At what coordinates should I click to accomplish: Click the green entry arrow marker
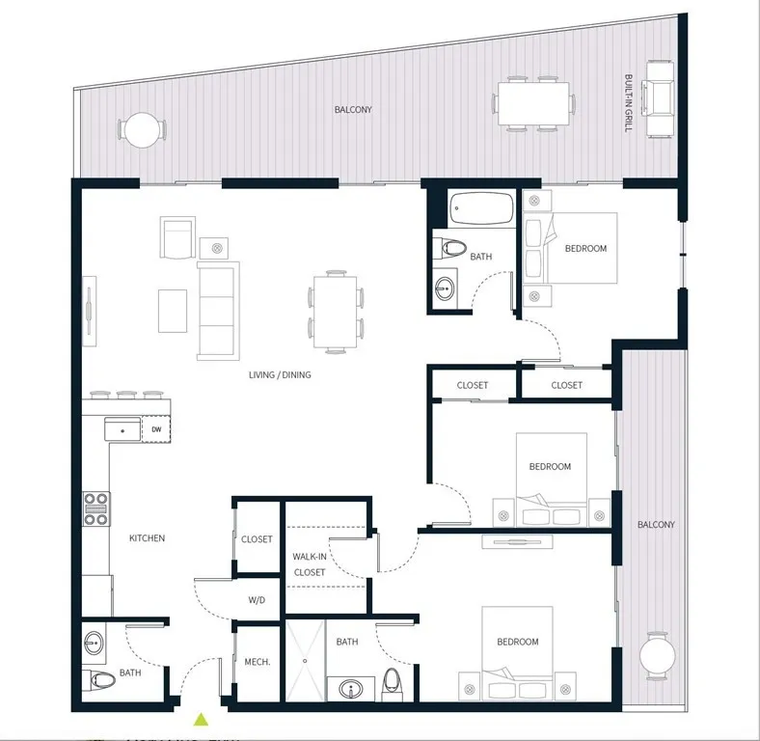click(x=202, y=719)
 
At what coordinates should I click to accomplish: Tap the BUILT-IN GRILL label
click(x=628, y=102)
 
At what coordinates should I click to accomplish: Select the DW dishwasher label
click(x=156, y=429)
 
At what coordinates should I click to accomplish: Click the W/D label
click(x=257, y=600)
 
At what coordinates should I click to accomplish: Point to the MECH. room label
click(x=257, y=663)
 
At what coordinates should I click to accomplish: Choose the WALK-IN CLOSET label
click(x=309, y=564)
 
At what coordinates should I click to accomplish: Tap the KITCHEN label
click(x=147, y=538)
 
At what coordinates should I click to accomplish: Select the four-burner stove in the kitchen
click(x=96, y=508)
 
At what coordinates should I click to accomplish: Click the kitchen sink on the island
click(x=122, y=428)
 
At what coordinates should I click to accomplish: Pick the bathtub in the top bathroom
click(x=481, y=208)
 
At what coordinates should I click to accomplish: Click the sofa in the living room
click(x=217, y=310)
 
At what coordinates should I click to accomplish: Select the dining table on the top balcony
click(x=533, y=102)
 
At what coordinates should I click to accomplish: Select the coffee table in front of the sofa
click(x=173, y=310)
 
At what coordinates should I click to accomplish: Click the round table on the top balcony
click(x=142, y=130)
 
